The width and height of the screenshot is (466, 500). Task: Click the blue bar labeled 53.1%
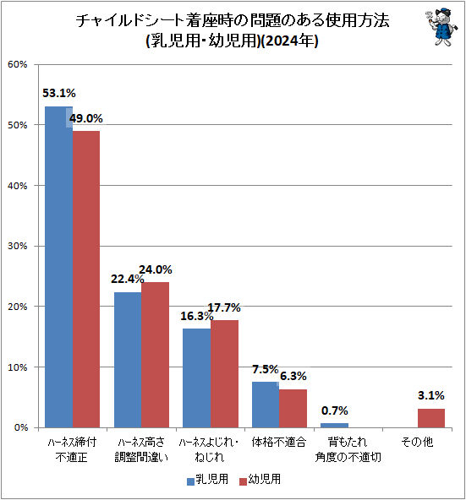(x=58, y=267)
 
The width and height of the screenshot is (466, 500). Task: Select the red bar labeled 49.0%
(x=86, y=280)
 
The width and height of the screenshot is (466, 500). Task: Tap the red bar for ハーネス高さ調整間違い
(x=156, y=355)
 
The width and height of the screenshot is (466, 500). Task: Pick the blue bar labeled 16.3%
(x=197, y=378)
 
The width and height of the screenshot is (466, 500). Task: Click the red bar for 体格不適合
(x=293, y=409)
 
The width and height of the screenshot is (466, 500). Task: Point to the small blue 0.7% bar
(x=334, y=426)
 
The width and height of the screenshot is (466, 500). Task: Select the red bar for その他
(x=431, y=418)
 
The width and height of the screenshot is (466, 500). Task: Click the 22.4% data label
(x=127, y=279)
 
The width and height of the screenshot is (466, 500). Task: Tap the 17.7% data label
(x=224, y=307)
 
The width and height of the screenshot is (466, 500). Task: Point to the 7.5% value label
(x=265, y=369)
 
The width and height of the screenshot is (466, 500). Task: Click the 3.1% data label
(x=431, y=395)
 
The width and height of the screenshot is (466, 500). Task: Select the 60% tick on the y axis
(x=18, y=64)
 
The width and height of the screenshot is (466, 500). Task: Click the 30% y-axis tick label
(x=18, y=246)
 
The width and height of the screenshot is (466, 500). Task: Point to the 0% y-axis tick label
(x=21, y=427)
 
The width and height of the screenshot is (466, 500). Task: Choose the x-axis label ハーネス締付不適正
(x=72, y=449)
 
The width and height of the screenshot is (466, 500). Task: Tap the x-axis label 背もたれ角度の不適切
(x=348, y=449)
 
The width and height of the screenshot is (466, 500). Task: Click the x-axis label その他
(x=417, y=442)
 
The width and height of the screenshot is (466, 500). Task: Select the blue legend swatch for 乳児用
(x=190, y=481)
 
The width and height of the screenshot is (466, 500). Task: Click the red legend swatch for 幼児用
(x=244, y=481)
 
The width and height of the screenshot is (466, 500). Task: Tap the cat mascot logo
(x=441, y=27)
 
